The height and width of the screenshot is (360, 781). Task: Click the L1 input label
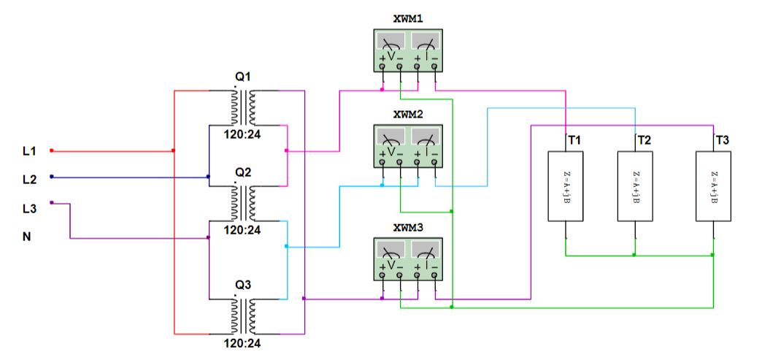(x=28, y=152)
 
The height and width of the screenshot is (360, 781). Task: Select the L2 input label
(x=28, y=179)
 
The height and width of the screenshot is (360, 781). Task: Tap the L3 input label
(x=28, y=207)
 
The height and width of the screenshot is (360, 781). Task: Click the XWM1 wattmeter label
(x=407, y=19)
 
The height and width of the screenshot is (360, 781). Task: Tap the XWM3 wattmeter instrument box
(x=409, y=264)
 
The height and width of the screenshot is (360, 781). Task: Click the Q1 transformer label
(x=243, y=76)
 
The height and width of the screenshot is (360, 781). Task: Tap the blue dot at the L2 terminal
(x=51, y=177)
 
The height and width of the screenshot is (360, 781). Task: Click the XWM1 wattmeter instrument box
(x=409, y=50)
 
